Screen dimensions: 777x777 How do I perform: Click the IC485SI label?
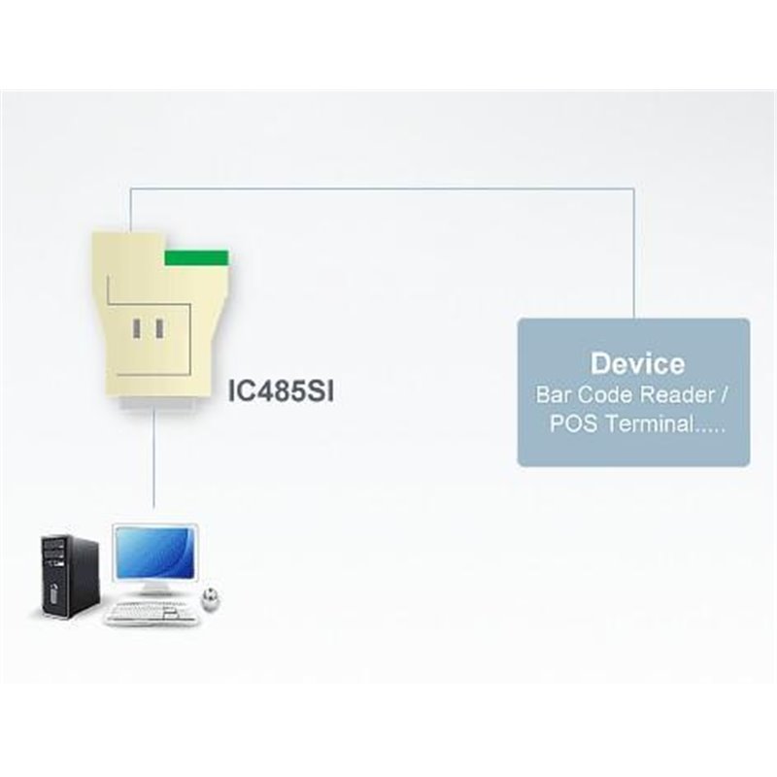pyautogui.click(x=281, y=391)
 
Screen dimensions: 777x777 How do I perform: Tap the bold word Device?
pyautogui.click(x=637, y=363)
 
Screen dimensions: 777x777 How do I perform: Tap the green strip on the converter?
pyautogui.click(x=196, y=257)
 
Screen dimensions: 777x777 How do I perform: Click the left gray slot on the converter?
pyautogui.click(x=136, y=328)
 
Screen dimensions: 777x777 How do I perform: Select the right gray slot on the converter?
pyautogui.click(x=159, y=328)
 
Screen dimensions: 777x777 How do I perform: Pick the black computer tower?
pyautogui.click(x=69, y=576)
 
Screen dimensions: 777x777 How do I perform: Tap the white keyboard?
pyautogui.click(x=151, y=613)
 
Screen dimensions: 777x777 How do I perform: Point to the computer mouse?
pyautogui.click(x=210, y=596)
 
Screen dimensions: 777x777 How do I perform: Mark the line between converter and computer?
pyautogui.click(x=153, y=457)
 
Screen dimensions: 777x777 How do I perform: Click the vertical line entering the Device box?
pyautogui.click(x=634, y=253)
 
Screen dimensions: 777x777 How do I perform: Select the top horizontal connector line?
pyautogui.click(x=382, y=187)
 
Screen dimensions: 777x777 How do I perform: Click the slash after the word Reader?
pyautogui.click(x=724, y=395)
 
